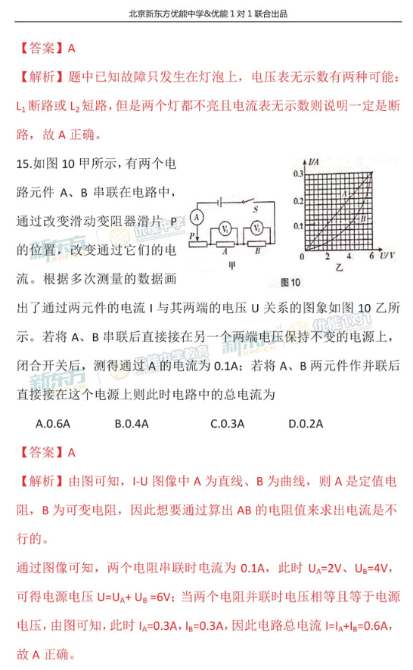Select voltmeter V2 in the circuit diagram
pyautogui.click(x=257, y=228)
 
